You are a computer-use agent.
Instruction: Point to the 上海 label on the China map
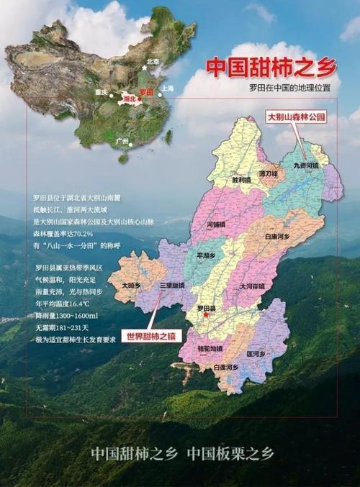tap(167, 88)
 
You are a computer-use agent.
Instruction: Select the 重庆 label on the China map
tap(101, 92)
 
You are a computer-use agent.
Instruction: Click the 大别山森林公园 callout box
tap(297, 116)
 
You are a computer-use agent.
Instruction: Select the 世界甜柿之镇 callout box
tap(152, 336)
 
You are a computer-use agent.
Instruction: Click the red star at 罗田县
tap(205, 314)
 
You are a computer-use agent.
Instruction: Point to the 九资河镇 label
tap(305, 165)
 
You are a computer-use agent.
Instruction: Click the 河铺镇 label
tap(216, 224)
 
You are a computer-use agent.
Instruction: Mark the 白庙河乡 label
tap(276, 236)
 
